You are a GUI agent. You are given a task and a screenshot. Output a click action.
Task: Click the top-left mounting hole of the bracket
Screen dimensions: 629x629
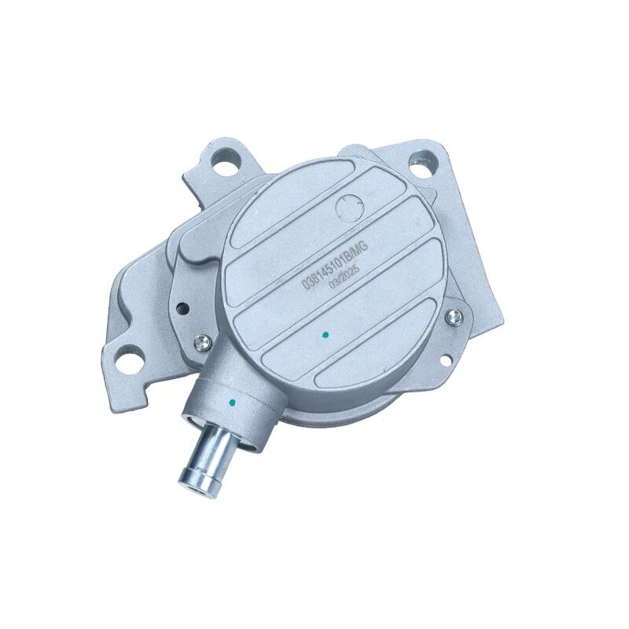(226, 167)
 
